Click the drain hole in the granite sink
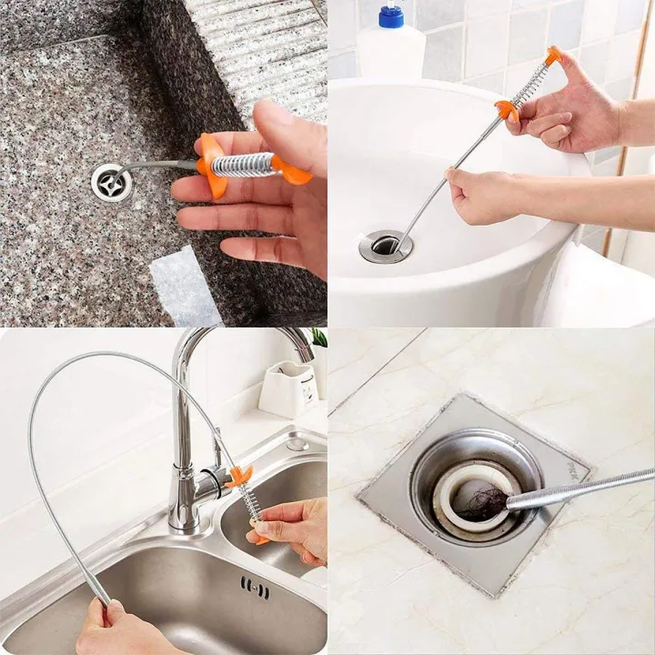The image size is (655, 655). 111,181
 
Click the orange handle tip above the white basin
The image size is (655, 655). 552,55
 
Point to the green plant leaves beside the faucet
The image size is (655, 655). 319,338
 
